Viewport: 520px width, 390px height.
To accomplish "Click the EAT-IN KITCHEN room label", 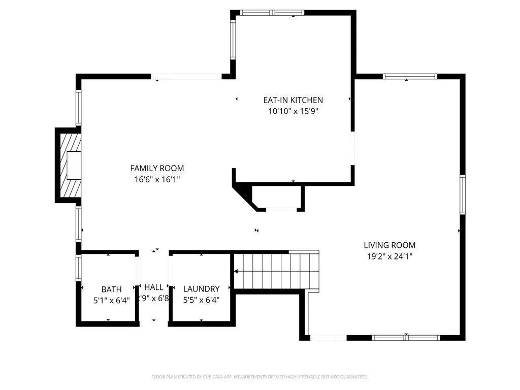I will pyautogui.click(x=293, y=100).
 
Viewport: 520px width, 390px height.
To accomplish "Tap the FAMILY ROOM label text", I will pyautogui.click(x=157, y=168).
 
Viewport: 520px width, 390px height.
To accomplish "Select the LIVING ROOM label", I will pyautogui.click(x=389, y=245).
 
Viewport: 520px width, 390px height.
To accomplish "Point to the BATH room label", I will pyautogui.click(x=111, y=289).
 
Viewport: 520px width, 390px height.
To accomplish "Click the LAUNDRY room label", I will pyautogui.click(x=201, y=289).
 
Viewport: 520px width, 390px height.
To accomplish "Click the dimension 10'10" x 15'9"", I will pyautogui.click(x=293, y=111).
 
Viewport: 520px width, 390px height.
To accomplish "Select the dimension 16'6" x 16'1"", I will pyautogui.click(x=157, y=179).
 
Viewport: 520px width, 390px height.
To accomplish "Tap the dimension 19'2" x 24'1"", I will pyautogui.click(x=389, y=256).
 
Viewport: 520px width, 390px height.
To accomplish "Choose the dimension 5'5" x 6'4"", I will pyautogui.click(x=201, y=300).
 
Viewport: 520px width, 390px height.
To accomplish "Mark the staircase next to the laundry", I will pyautogui.click(x=277, y=271).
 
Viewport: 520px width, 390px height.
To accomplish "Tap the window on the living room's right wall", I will pyautogui.click(x=463, y=194).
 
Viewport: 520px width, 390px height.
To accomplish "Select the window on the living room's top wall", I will pyautogui.click(x=409, y=77).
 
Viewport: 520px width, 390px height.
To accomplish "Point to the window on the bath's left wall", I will pyautogui.click(x=78, y=268).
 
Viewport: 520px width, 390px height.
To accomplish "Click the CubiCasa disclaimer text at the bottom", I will pyautogui.click(x=259, y=377).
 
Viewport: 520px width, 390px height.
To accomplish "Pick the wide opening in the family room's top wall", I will pyautogui.click(x=186, y=77).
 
